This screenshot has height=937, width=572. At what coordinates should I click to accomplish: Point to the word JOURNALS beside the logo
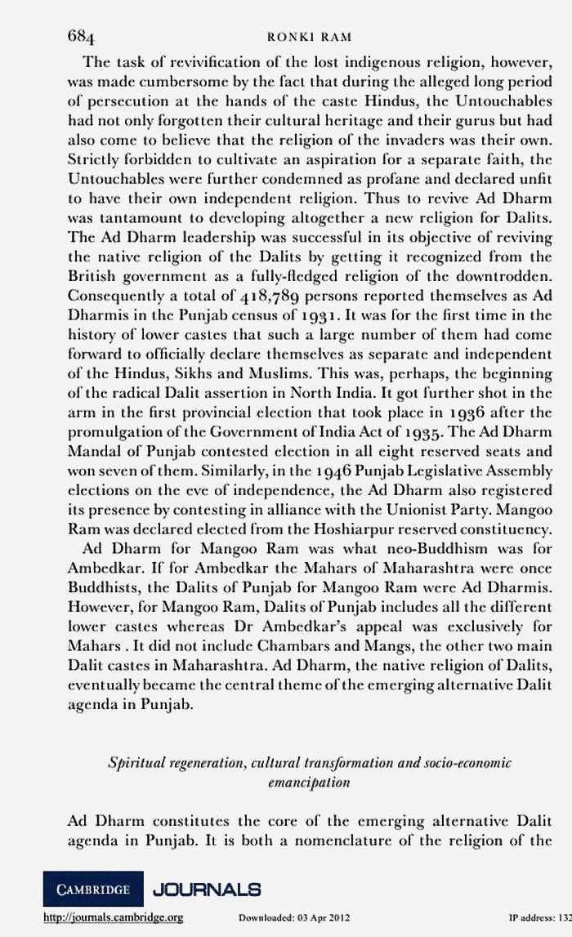click(x=207, y=889)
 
